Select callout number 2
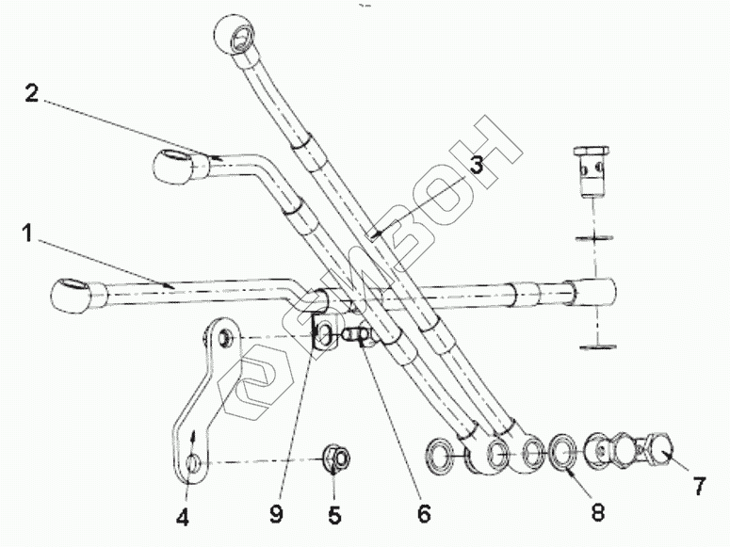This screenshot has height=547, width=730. tap(32, 93)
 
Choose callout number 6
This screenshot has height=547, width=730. tap(423, 514)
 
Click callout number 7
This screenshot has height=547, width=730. tap(698, 488)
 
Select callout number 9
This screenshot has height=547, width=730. tap(276, 515)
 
